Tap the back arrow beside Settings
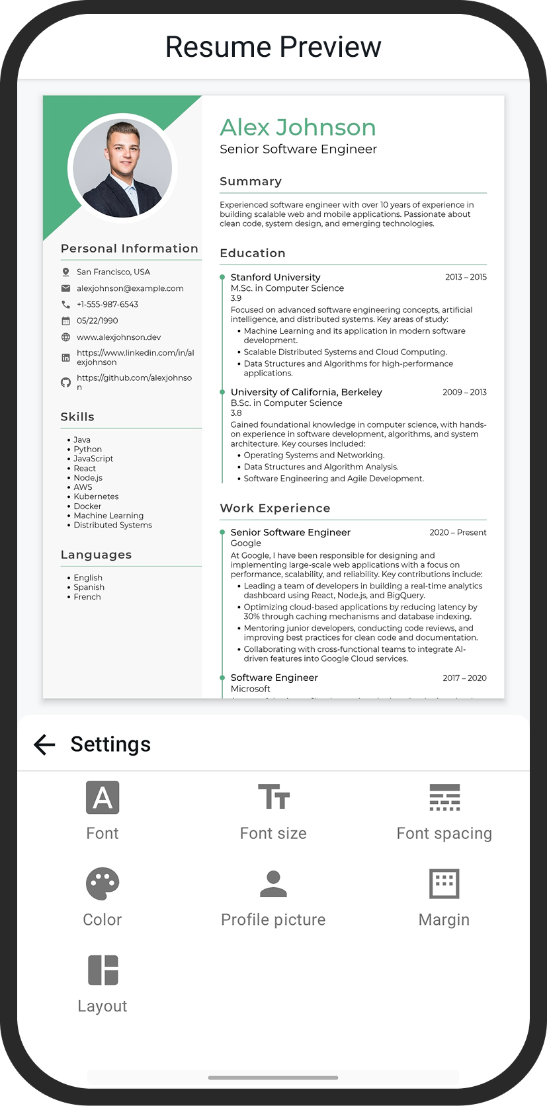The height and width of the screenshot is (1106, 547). click(44, 744)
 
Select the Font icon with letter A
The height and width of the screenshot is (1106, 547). click(103, 797)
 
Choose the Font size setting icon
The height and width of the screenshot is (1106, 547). click(273, 797)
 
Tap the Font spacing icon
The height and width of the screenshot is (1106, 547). click(444, 797)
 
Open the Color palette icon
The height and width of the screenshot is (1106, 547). click(103, 884)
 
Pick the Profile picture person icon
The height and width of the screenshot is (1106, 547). click(273, 884)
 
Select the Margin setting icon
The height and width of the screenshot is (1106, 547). click(444, 884)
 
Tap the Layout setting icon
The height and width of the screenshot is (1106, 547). click(103, 970)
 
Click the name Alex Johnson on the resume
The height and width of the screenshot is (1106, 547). click(298, 128)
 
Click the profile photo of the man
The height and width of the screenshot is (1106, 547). click(122, 169)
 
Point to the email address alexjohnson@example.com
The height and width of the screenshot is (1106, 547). click(130, 288)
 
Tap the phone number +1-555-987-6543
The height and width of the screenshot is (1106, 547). click(107, 304)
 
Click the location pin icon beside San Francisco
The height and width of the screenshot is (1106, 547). click(65, 272)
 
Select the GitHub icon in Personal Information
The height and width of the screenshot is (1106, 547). click(65, 382)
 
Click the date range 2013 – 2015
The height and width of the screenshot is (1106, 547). click(466, 277)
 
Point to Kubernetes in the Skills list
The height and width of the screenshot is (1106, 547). click(97, 496)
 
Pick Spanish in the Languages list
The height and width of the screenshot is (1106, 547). click(89, 587)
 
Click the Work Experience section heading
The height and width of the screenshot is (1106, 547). click(275, 508)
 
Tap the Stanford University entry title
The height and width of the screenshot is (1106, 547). click(275, 277)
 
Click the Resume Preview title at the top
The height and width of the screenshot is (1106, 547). click(273, 47)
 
